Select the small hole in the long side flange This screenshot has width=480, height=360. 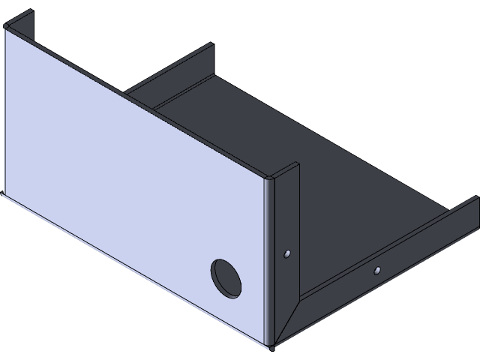coord(378,268)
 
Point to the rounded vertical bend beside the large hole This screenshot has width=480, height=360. coord(269,262)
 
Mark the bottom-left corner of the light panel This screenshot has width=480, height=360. coord(3,193)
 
